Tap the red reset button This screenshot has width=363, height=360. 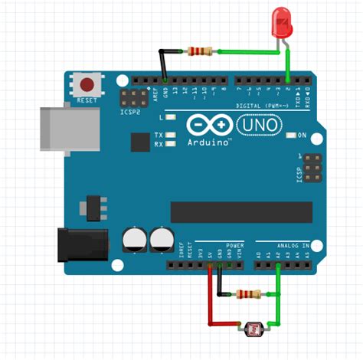[x=88, y=83]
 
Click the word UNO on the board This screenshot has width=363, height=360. [x=256, y=123]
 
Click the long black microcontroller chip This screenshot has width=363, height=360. [x=241, y=211]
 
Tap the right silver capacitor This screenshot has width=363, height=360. [x=162, y=239]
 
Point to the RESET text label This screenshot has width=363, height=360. [x=88, y=100]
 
